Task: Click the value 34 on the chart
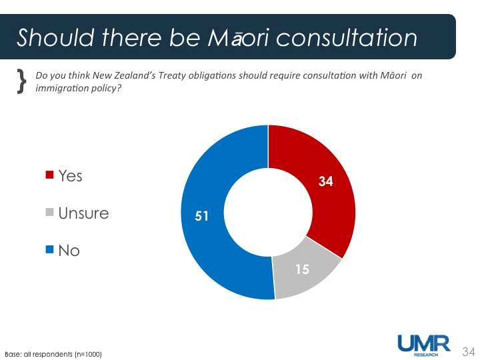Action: pyautogui.click(x=325, y=181)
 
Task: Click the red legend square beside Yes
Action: pyautogui.click(x=49, y=175)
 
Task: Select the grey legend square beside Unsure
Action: pyautogui.click(x=49, y=213)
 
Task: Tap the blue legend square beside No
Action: pyautogui.click(x=49, y=251)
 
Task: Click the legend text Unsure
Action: pyautogui.click(x=83, y=213)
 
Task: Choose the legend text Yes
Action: pyautogui.click(x=71, y=175)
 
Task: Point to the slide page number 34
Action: pyautogui.click(x=468, y=351)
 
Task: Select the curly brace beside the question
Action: pyautogui.click(x=21, y=81)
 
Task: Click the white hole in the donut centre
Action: pyautogui.click(x=267, y=212)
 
